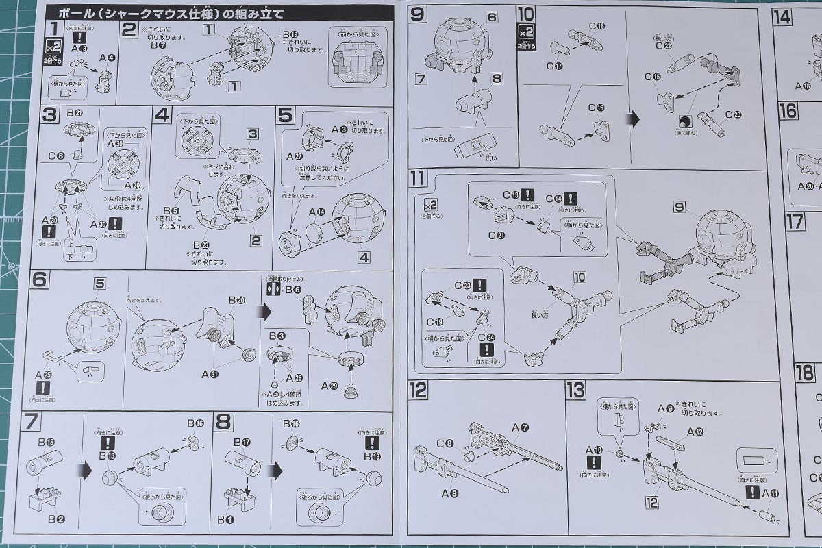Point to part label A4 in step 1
click(107, 58)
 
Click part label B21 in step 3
click(75, 113)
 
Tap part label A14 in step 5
click(316, 213)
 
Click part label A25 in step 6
click(43, 374)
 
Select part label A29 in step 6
click(331, 386)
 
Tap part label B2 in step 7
click(56, 519)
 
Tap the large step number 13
click(575, 390)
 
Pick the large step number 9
click(418, 14)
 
